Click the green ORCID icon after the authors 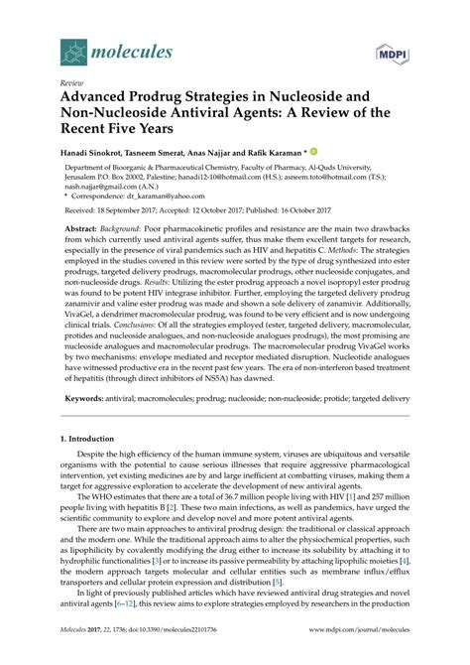[x=341, y=153]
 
